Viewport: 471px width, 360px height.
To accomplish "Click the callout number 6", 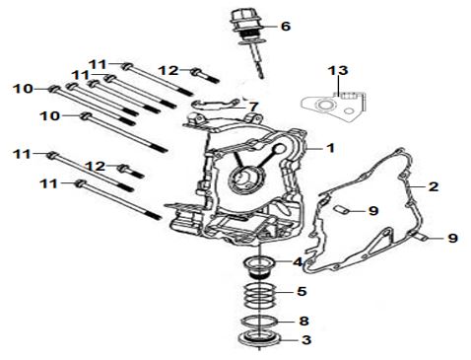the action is coord(286,26).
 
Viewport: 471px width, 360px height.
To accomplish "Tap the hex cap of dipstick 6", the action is coord(240,17).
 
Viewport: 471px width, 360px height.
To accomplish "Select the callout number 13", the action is coord(338,70).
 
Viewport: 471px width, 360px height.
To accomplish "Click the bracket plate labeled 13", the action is coord(334,108).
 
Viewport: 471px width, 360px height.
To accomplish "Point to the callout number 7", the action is coord(253,107).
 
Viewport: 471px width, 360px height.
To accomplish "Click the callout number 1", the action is coord(331,148).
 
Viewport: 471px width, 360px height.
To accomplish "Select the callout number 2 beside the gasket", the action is coord(434,186).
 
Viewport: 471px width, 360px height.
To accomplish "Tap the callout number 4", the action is coord(298,262).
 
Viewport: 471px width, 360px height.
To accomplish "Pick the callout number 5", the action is coord(302,291).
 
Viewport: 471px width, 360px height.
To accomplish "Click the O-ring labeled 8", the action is coord(259,320).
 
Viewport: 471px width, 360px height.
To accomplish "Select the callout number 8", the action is coord(303,321).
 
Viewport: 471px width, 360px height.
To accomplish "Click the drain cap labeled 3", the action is coord(259,338).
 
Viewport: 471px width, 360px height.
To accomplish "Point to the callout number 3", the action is coord(305,339).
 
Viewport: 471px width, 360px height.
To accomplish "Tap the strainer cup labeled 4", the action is coord(259,267).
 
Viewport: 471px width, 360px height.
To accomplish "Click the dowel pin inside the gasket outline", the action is coord(340,209).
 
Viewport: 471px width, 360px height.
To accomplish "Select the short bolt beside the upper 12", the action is coord(205,76).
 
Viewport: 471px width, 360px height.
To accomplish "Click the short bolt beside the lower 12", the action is coord(131,171).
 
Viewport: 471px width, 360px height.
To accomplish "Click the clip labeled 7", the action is coord(216,104).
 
